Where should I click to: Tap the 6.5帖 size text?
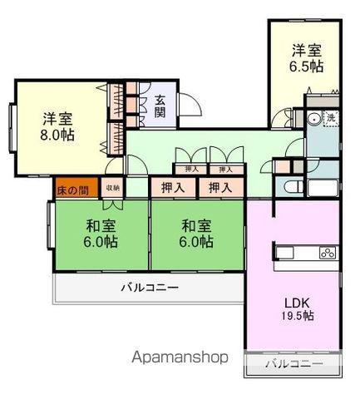click(x=306, y=67)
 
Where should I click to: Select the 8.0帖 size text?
click(x=58, y=133)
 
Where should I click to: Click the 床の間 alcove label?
click(x=72, y=190)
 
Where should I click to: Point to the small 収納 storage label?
click(x=112, y=189)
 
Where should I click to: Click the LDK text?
click(x=297, y=302)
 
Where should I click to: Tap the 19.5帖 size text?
click(x=297, y=316)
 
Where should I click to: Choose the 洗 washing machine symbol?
click(x=330, y=118)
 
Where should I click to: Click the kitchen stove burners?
click(x=326, y=253)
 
